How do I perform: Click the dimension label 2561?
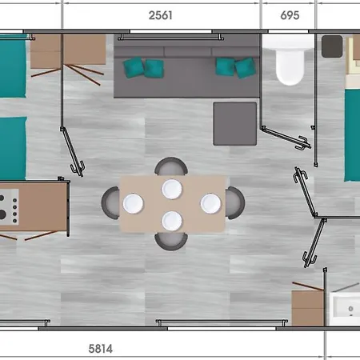click(x=160, y=15)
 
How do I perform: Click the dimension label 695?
click(x=290, y=15)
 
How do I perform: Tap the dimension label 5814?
click(x=100, y=349)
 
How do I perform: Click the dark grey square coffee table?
click(x=234, y=124)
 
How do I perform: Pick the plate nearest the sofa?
click(x=172, y=189)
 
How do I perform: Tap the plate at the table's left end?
click(x=133, y=203)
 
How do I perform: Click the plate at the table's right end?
click(x=210, y=203)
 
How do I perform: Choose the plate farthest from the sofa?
click(x=172, y=221)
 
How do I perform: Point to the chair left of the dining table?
click(x=110, y=203)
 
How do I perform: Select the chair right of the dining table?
click(x=236, y=203)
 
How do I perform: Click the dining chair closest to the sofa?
click(x=171, y=165)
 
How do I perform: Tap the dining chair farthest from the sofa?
click(x=171, y=242)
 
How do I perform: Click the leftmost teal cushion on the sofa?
click(x=134, y=67)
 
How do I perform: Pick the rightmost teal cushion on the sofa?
click(x=246, y=68)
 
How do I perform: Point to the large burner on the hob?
click(x=2, y=214)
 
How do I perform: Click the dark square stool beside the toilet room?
click(x=332, y=46)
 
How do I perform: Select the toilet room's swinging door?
click(x=286, y=138)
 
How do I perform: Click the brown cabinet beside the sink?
click(x=308, y=308)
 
